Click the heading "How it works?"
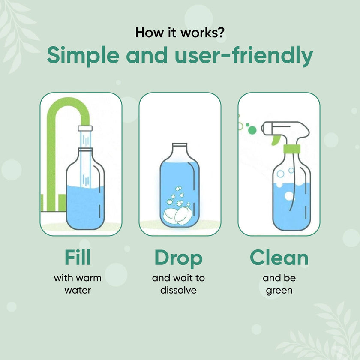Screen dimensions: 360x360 [x=180, y=33]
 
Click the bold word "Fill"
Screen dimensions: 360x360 [x=78, y=258]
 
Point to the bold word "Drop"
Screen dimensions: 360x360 [x=178, y=258]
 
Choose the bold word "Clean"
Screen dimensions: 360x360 [x=279, y=258]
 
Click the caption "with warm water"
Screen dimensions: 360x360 [x=78, y=284]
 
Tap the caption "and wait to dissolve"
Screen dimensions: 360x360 [x=178, y=284]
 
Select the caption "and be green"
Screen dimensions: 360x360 [x=279, y=284]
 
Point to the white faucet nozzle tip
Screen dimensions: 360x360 [x=85, y=128]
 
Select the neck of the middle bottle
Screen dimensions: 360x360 [x=180, y=150]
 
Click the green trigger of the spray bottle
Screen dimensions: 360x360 [x=274, y=140]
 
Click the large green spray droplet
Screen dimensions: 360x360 [x=253, y=129]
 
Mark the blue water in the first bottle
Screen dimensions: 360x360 [x=85, y=206]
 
